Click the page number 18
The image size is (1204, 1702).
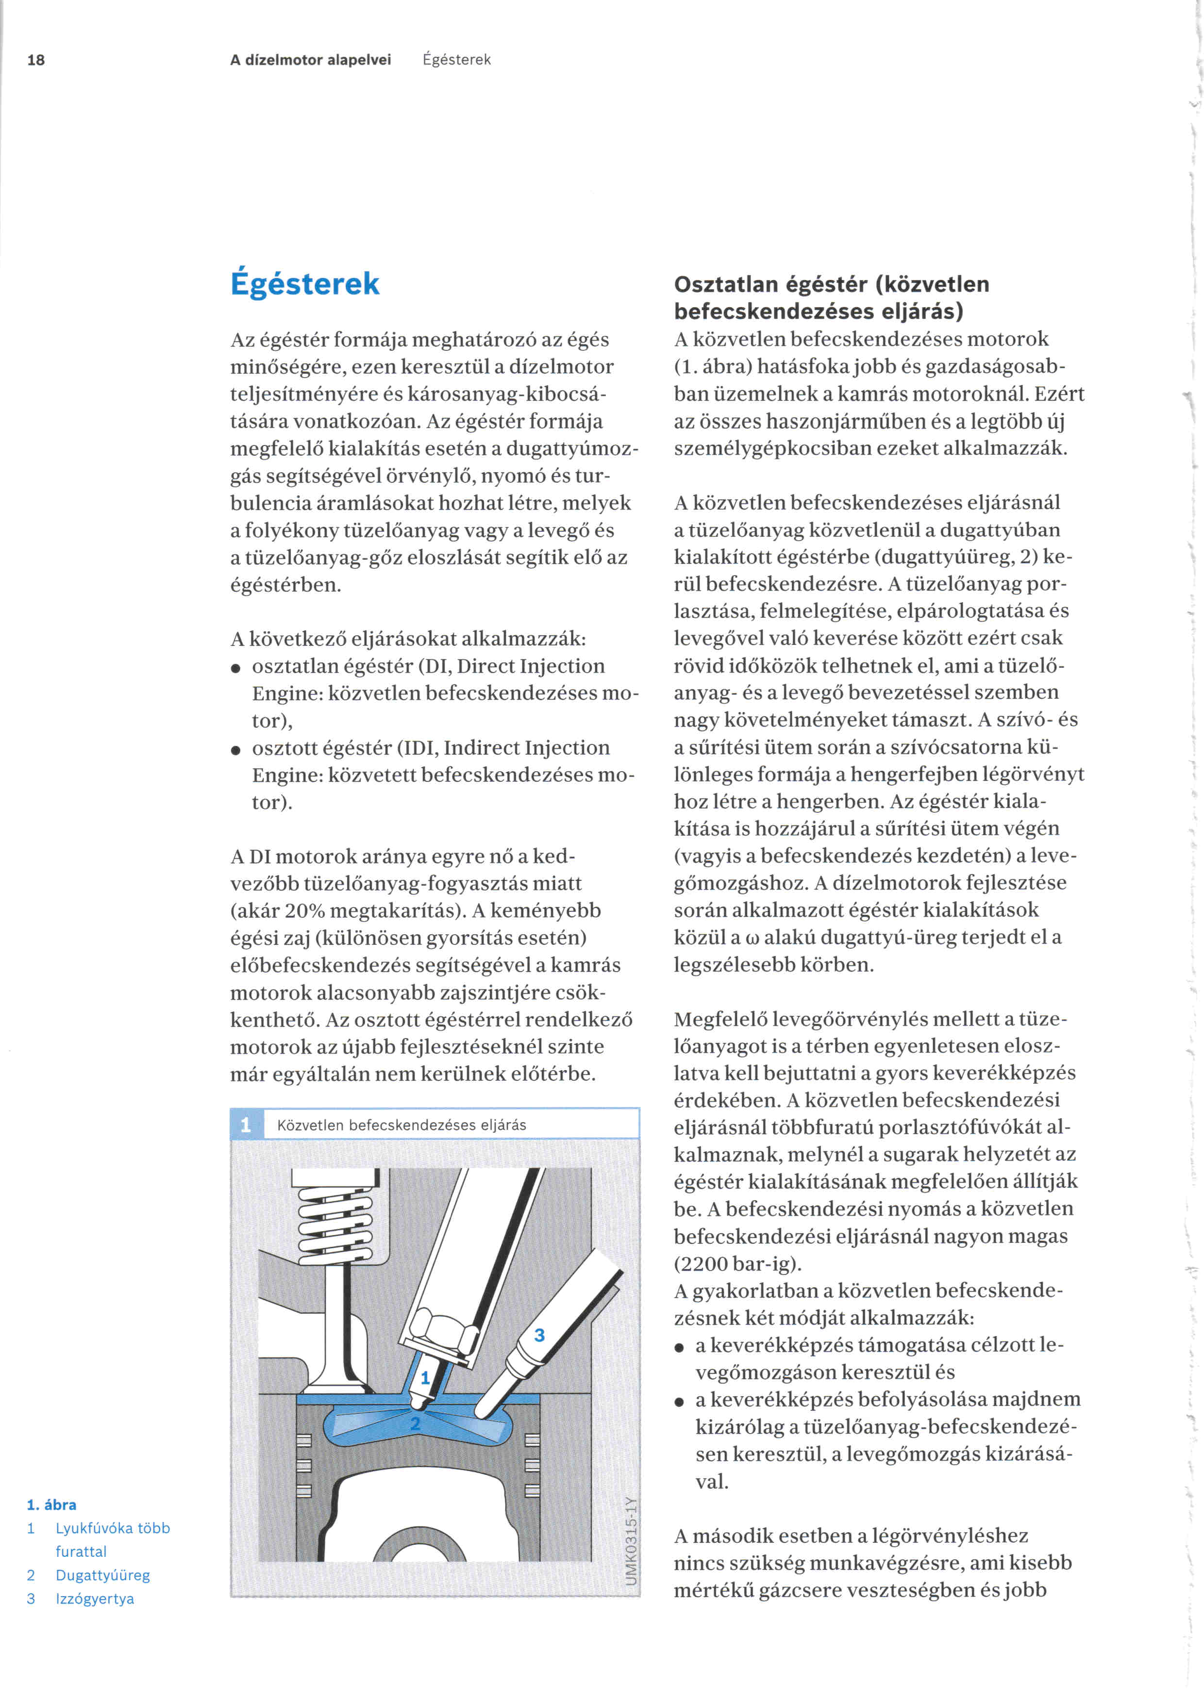tap(35, 60)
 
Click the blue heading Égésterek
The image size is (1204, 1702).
tap(305, 284)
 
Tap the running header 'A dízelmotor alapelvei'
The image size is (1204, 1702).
tap(310, 60)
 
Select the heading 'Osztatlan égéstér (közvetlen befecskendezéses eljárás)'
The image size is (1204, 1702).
tap(830, 297)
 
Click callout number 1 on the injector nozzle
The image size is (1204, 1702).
tap(425, 1378)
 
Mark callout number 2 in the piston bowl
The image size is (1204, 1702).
tap(415, 1423)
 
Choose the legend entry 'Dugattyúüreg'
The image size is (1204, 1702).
tap(102, 1575)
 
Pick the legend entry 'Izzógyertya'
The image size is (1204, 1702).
tap(95, 1599)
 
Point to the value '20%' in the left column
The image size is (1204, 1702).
tap(351, 911)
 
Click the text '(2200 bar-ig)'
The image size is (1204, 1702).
tap(737, 1264)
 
